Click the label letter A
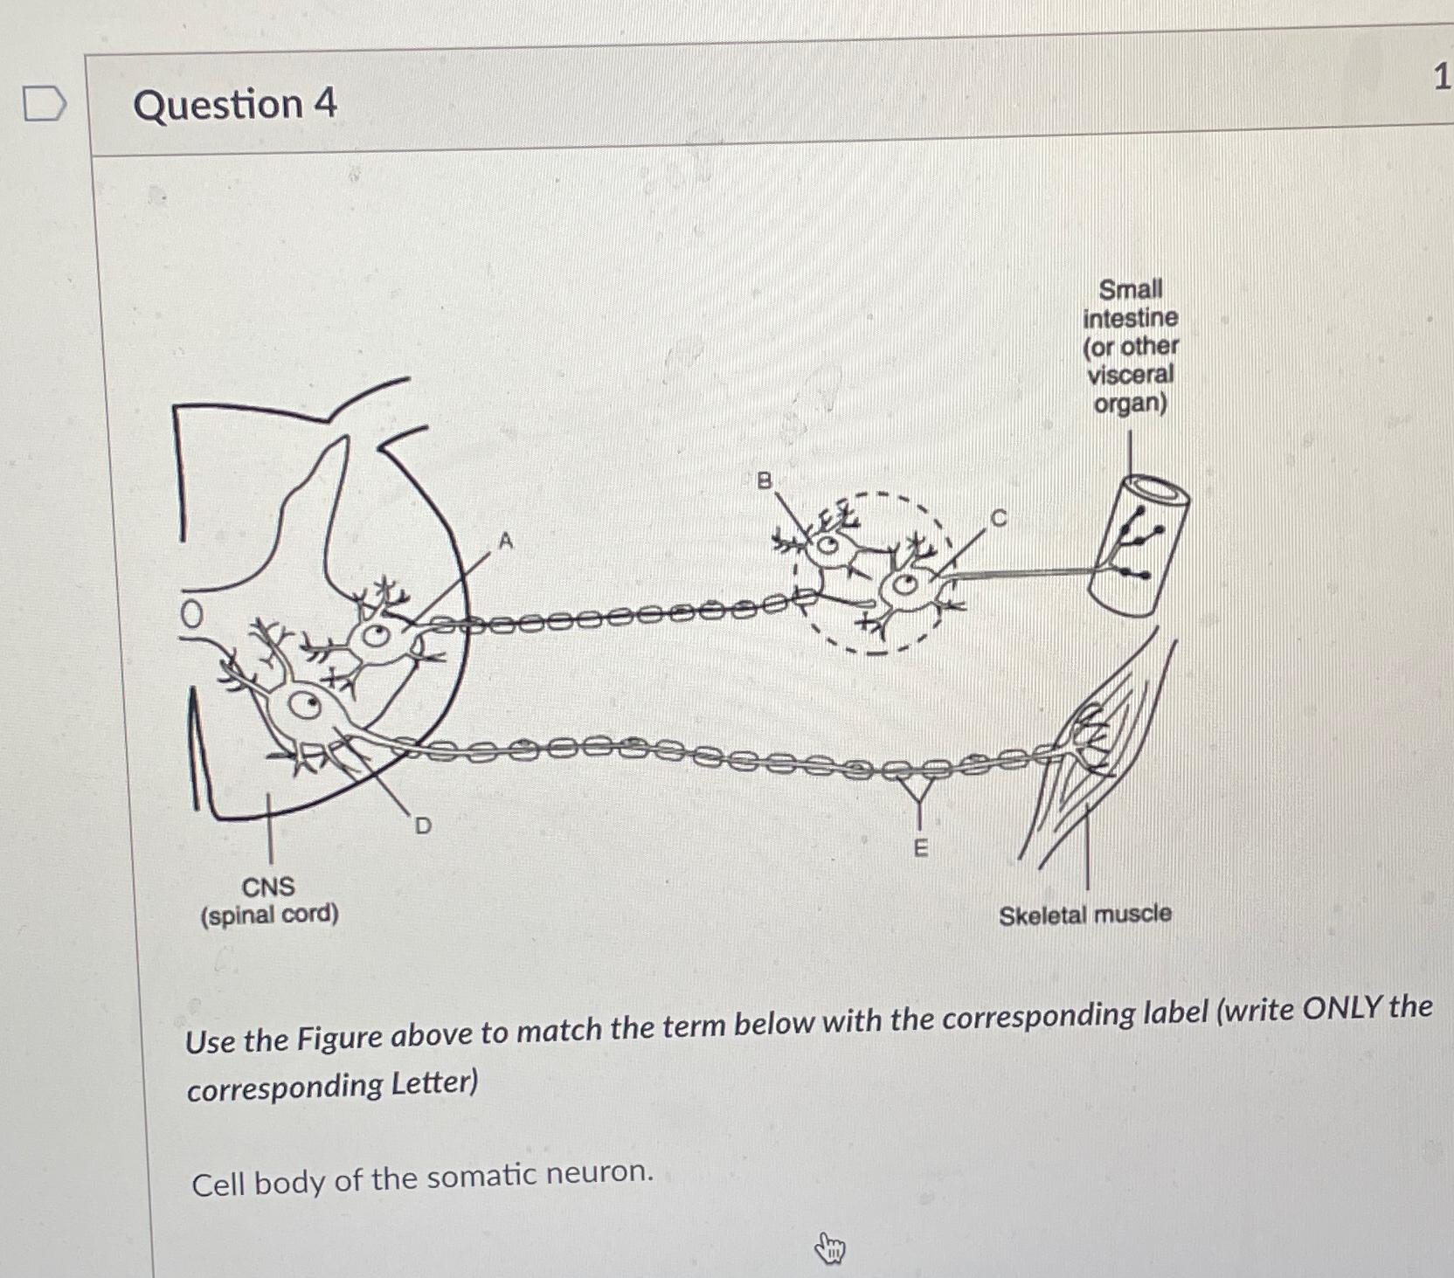pos(506,542)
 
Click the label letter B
pos(765,480)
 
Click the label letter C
pos(999,518)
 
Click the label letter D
pos(423,826)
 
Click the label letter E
pos(920,848)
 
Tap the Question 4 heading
pos(234,104)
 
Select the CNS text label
pos(268,887)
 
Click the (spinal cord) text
pos(269,915)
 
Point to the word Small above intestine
pos(1131,289)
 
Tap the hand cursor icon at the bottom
pos(830,1248)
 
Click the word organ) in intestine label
pos(1131,404)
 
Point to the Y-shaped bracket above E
pos(919,791)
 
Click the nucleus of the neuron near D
pos(307,704)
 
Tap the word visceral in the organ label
pos(1131,375)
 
